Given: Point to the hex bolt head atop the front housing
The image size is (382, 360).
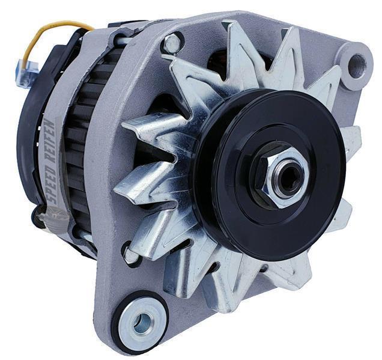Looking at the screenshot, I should (x=172, y=44).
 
